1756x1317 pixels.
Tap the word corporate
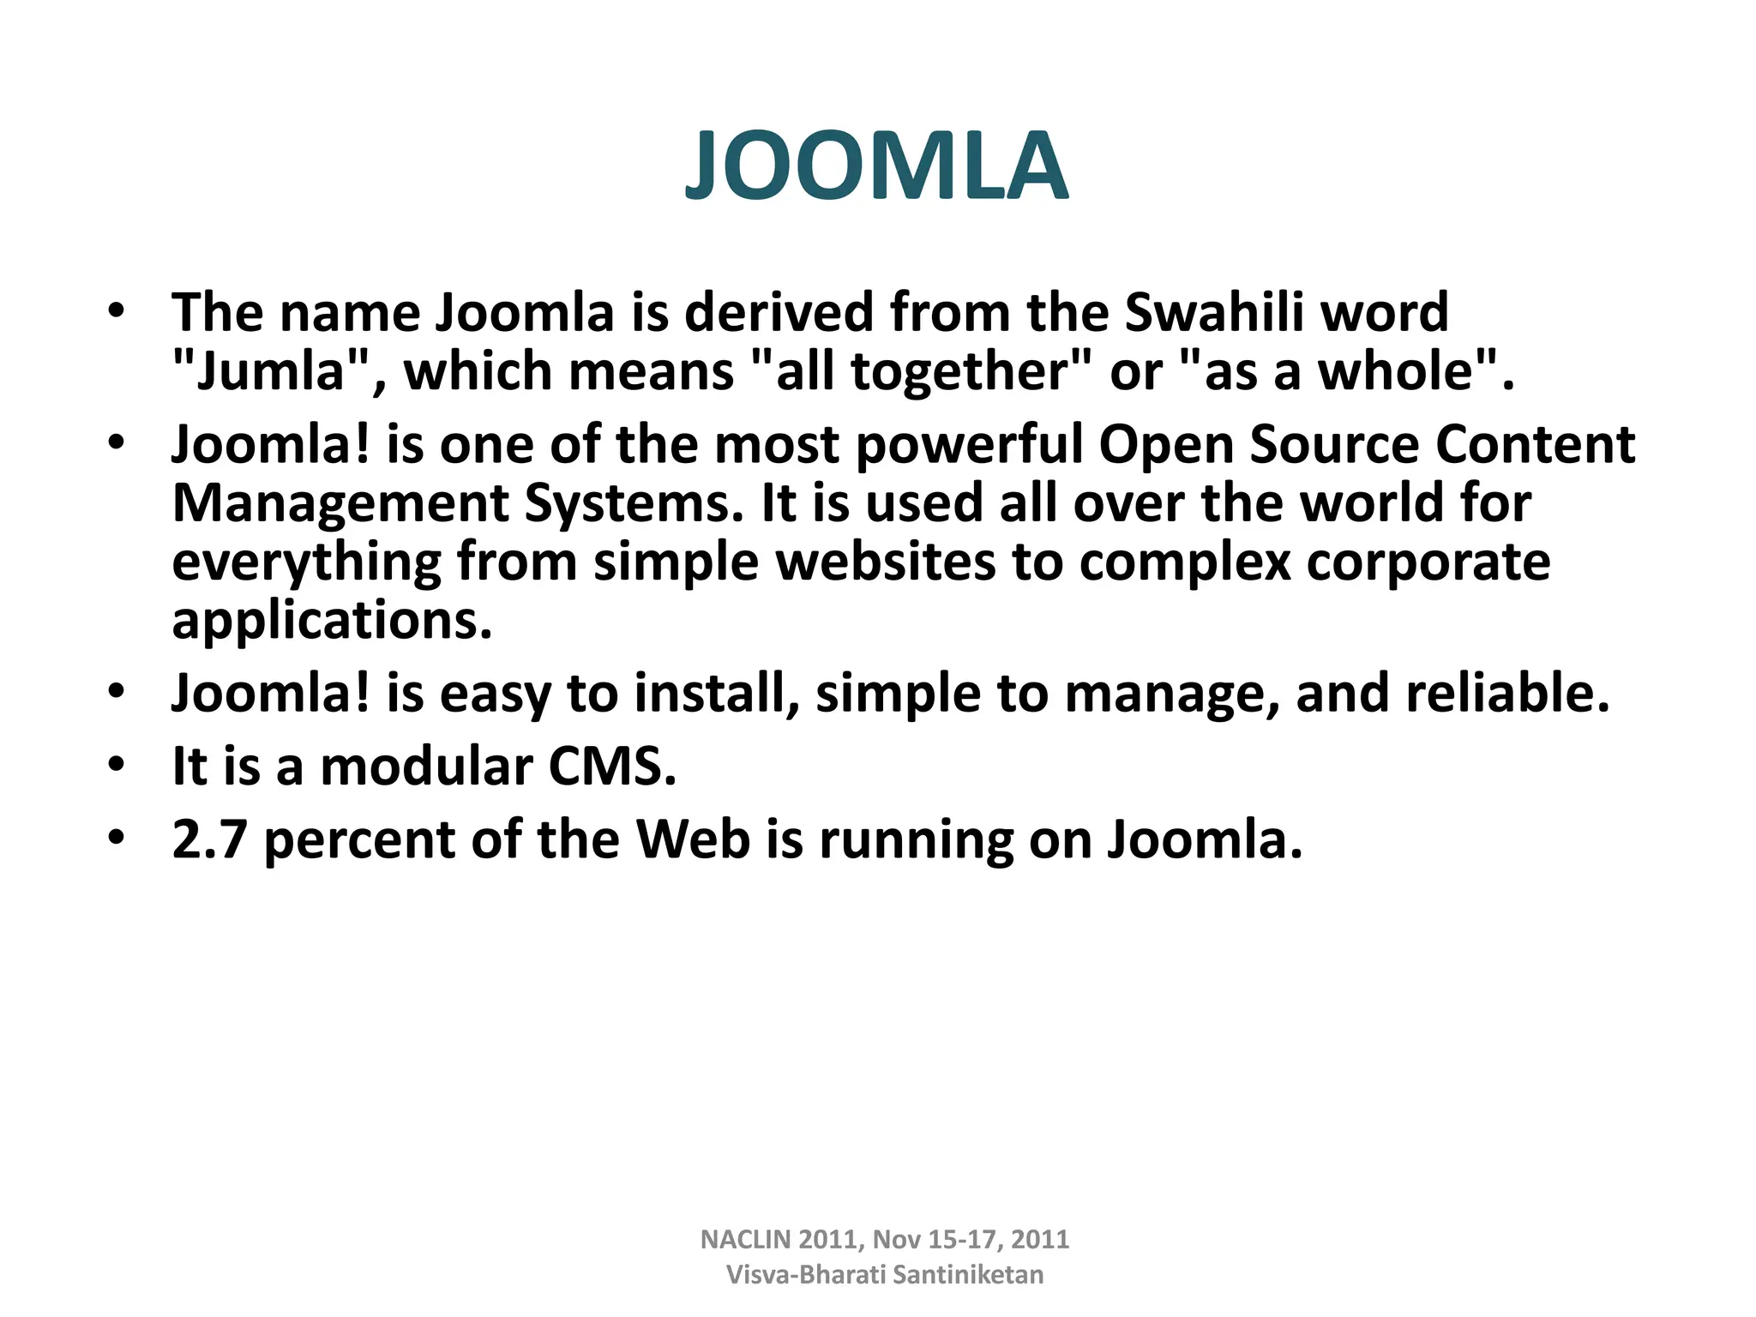tap(1428, 562)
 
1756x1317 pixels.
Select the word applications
tap(332, 621)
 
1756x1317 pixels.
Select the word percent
tap(359, 840)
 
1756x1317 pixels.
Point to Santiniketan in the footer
tap(968, 1275)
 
